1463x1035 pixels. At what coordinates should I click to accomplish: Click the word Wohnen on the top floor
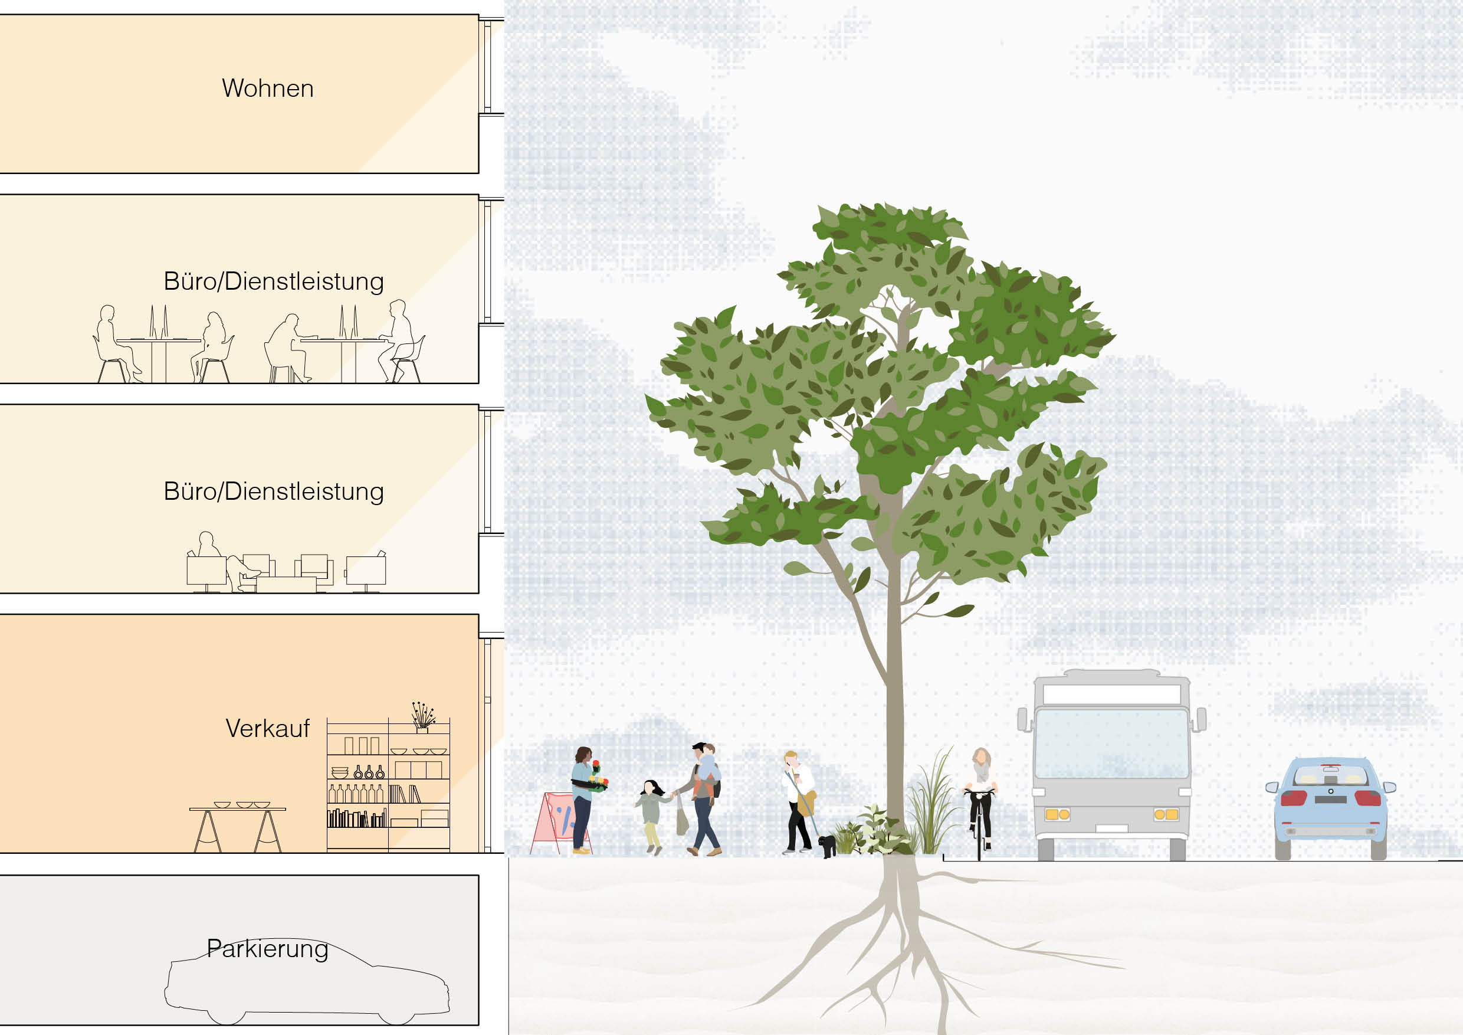point(268,88)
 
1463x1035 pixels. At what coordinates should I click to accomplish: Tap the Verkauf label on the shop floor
point(268,728)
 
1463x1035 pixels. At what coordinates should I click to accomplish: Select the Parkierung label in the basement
point(268,949)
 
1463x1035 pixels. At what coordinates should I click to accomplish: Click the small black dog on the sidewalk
point(826,846)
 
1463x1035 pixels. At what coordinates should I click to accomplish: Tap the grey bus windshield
point(1112,743)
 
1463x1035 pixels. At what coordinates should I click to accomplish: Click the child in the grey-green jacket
point(651,815)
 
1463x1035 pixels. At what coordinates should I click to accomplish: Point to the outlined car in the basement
point(307,981)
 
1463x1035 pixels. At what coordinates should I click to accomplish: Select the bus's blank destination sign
point(1112,694)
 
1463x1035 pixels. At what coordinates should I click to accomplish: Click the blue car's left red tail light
point(1294,798)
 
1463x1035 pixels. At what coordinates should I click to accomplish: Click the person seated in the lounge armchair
point(223,561)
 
